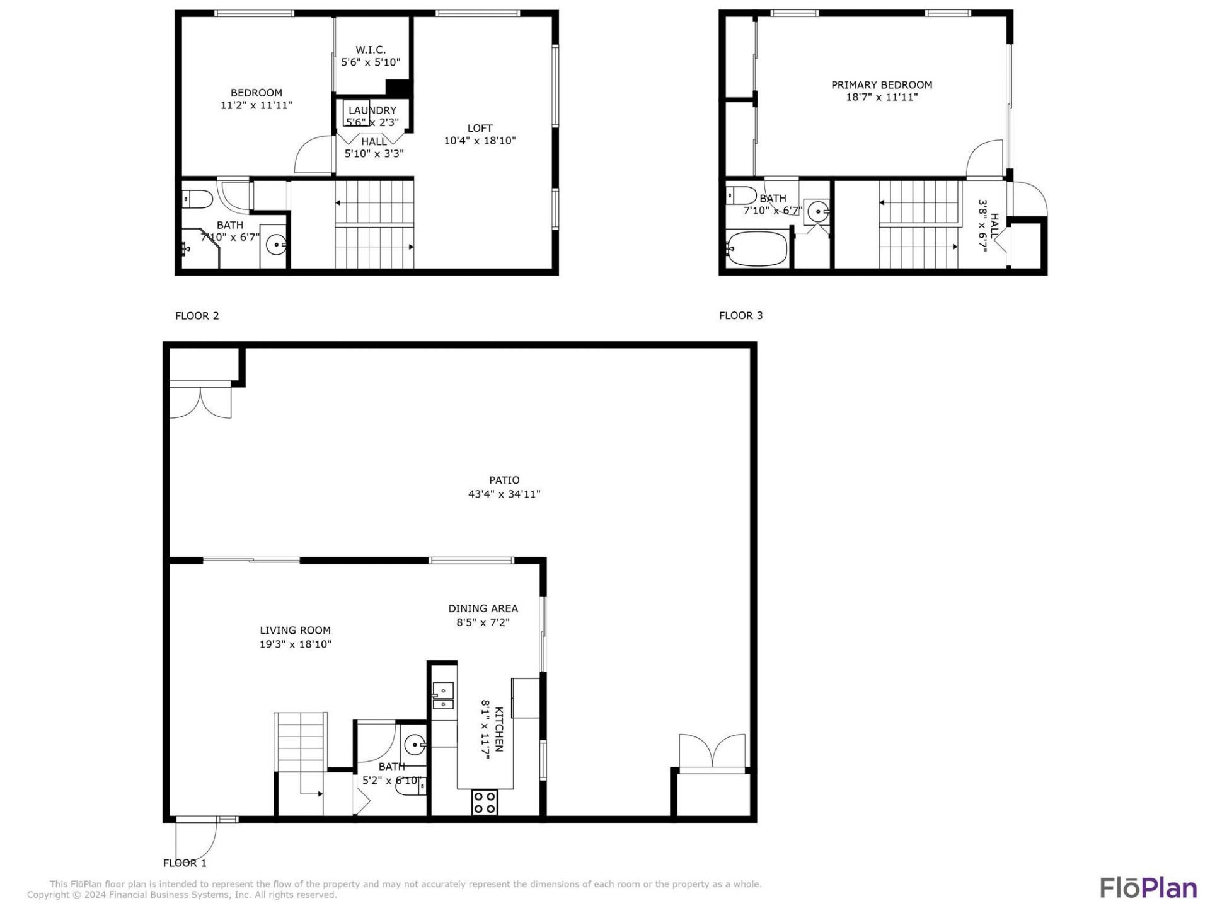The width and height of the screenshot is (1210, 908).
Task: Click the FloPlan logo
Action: coord(1148,887)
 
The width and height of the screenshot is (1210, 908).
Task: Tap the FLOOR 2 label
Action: coord(197,316)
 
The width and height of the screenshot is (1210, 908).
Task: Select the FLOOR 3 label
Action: coord(740,315)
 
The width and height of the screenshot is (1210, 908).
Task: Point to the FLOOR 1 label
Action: coord(185,863)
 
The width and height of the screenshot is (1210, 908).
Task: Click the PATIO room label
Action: coord(504,480)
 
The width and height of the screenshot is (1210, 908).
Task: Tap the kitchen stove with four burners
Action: coord(484,803)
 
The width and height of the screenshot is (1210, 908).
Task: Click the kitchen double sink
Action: coord(443,696)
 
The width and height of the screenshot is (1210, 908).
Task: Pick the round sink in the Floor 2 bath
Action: coord(275,243)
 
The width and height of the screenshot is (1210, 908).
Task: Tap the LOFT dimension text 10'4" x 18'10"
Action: coord(480,141)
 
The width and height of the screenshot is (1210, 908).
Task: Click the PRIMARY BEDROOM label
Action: coord(881,85)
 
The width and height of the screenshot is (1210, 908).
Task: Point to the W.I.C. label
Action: coord(371,50)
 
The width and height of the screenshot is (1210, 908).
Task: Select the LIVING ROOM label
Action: coord(295,630)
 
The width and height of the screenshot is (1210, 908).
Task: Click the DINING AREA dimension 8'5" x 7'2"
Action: coord(483,623)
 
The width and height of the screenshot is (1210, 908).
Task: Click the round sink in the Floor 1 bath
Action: coord(414,745)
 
